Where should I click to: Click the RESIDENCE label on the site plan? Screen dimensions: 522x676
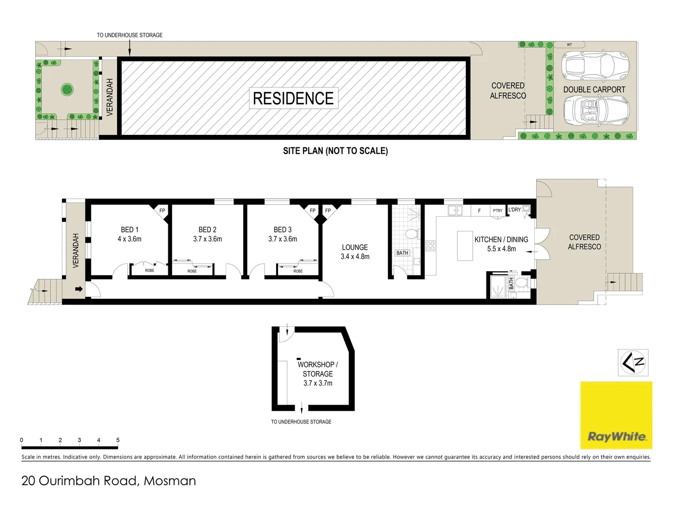point(293,98)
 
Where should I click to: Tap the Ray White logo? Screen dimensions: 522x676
point(616,415)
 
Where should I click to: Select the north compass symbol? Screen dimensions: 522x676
point(633,362)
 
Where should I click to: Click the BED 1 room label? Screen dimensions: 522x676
point(130,230)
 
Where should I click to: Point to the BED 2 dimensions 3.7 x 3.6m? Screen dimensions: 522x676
point(207,239)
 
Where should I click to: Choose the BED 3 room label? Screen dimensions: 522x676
point(282,230)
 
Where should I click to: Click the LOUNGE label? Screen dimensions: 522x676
point(355,247)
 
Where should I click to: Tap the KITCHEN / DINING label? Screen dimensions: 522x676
point(501,239)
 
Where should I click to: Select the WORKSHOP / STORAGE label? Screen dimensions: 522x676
point(318,369)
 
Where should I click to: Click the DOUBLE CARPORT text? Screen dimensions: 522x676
point(594,89)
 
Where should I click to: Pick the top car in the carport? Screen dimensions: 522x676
point(595,65)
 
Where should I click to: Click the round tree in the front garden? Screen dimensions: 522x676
point(67,89)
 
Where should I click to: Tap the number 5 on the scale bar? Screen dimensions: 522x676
point(118,440)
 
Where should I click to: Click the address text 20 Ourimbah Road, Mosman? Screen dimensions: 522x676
point(109,480)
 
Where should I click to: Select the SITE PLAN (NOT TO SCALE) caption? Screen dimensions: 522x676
point(335,151)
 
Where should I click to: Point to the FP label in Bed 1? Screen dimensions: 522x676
point(162,211)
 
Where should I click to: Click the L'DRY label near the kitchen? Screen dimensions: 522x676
point(514,210)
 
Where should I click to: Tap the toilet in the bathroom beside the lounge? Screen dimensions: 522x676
point(411,234)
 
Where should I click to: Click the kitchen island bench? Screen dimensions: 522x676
point(465,246)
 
